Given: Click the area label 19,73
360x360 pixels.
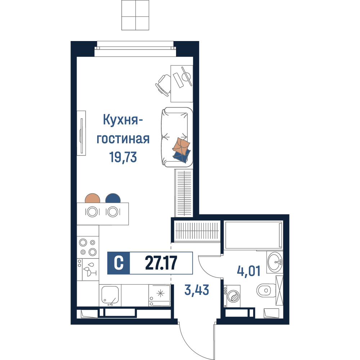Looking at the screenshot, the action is (x=123, y=157).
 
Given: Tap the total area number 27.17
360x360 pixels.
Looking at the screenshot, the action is (x=161, y=263).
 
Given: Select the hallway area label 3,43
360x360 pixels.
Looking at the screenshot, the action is (x=197, y=290).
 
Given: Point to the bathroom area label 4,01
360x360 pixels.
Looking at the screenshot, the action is (x=249, y=271).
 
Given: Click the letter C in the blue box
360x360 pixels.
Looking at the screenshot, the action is (x=119, y=263).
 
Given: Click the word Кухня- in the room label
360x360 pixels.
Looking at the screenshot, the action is (x=123, y=120).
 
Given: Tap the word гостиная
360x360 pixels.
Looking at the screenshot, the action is (x=123, y=139).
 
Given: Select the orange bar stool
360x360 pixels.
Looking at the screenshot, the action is (x=93, y=198).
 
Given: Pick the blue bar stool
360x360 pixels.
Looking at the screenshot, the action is (x=113, y=198).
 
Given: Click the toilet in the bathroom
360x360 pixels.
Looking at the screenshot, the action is (x=266, y=291).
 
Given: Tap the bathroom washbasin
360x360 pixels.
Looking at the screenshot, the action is (x=275, y=262).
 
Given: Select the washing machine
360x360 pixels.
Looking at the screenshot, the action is (x=232, y=296).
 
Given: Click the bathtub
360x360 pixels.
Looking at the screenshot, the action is (x=253, y=235).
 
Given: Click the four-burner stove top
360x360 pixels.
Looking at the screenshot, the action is (x=88, y=247).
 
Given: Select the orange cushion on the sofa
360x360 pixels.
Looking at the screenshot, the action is (x=181, y=146).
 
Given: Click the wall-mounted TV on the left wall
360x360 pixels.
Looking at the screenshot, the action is (x=81, y=133).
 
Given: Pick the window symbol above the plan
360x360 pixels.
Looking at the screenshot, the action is (x=135, y=15).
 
